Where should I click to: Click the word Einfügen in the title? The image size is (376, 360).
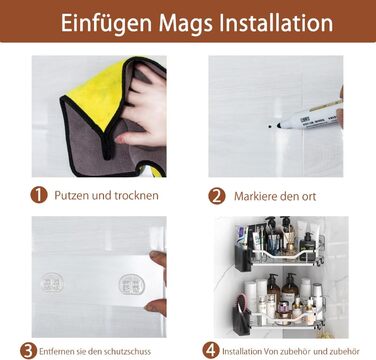106,23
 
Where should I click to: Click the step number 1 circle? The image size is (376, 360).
39,195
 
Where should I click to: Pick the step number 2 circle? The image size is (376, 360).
217,196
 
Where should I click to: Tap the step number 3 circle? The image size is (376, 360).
28,351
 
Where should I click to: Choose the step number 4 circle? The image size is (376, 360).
211,351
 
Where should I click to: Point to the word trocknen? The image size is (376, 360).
136,195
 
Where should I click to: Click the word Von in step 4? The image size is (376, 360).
271,351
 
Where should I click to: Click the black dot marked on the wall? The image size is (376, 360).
269,126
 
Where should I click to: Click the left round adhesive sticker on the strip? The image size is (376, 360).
52,283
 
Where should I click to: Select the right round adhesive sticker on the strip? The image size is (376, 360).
132,284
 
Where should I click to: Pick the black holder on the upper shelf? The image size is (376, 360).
243,258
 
